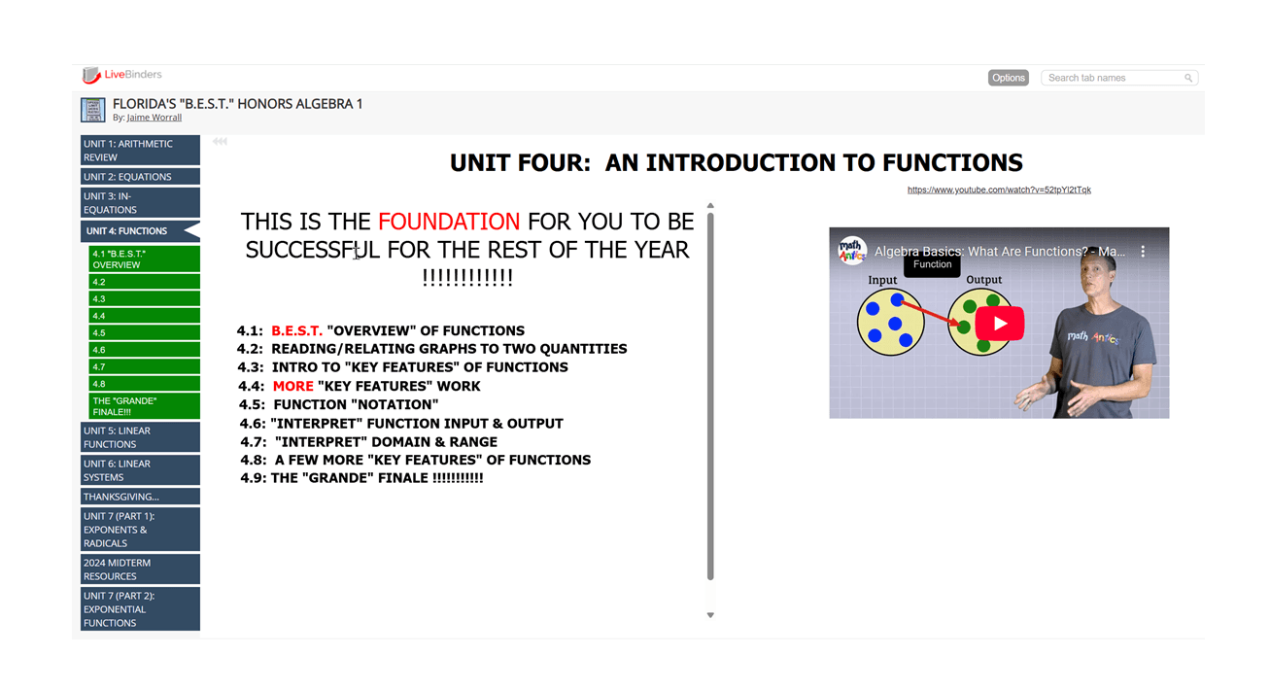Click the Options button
tap(1008, 78)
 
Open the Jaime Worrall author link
tap(154, 118)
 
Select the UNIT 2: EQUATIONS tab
tap(140, 177)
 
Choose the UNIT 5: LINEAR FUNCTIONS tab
tap(140, 437)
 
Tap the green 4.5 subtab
tap(144, 332)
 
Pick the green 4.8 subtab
tap(144, 384)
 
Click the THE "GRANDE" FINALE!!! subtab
tap(144, 406)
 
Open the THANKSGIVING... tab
tap(140, 497)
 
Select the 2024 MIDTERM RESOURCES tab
tap(140, 569)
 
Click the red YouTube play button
tap(1000, 324)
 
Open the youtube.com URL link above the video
tap(999, 190)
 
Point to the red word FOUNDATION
tap(449, 222)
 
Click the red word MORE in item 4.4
tap(293, 386)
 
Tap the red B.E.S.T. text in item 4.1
tap(296, 330)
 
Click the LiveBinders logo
tap(121, 75)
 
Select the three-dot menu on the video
tap(1143, 251)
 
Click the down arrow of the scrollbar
tap(710, 615)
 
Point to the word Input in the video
tap(882, 280)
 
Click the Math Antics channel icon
tap(851, 251)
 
